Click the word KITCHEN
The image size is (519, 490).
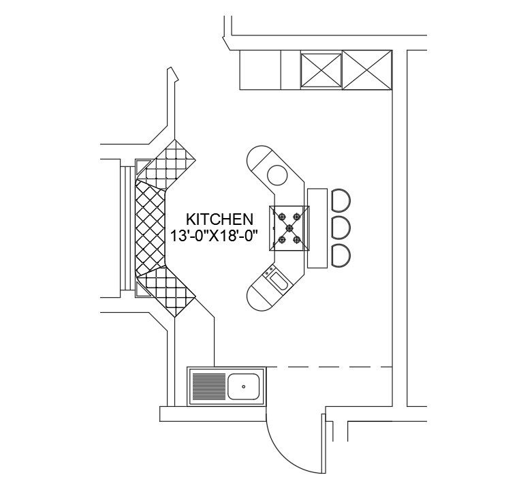[x=220, y=219]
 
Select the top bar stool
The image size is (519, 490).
[x=340, y=200]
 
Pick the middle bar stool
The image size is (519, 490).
[x=340, y=227]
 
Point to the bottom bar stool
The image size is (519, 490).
[x=340, y=255]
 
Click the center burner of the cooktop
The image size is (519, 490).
[x=289, y=227]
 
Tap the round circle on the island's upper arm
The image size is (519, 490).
[x=278, y=174]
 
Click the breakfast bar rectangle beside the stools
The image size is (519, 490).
[x=318, y=228]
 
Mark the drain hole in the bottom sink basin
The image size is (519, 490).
[x=243, y=386]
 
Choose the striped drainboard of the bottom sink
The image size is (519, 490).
[x=208, y=386]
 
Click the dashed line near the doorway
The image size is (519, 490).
[x=330, y=367]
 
